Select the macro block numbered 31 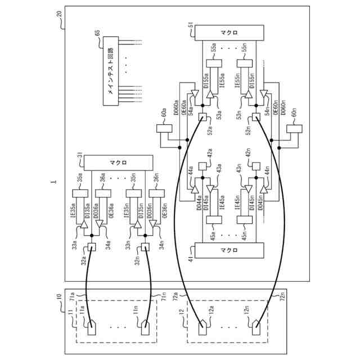[118, 163]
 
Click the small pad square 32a [93, 246]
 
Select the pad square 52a [202, 118]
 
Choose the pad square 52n [255, 118]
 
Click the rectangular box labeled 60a [165, 129]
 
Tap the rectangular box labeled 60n [293, 129]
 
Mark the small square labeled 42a [202, 166]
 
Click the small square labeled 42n [255, 166]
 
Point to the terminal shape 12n [256, 325]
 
